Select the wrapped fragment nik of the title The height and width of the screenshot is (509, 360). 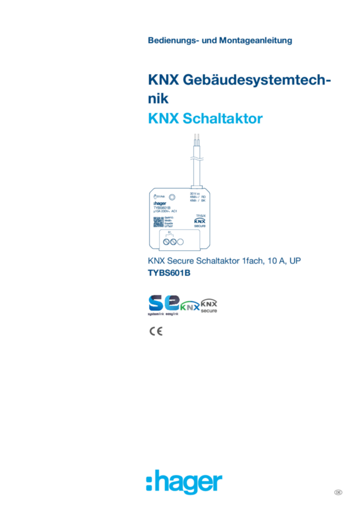click(159, 99)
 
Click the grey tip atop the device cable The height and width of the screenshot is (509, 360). click(197, 135)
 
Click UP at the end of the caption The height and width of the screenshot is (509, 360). click(298, 260)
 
